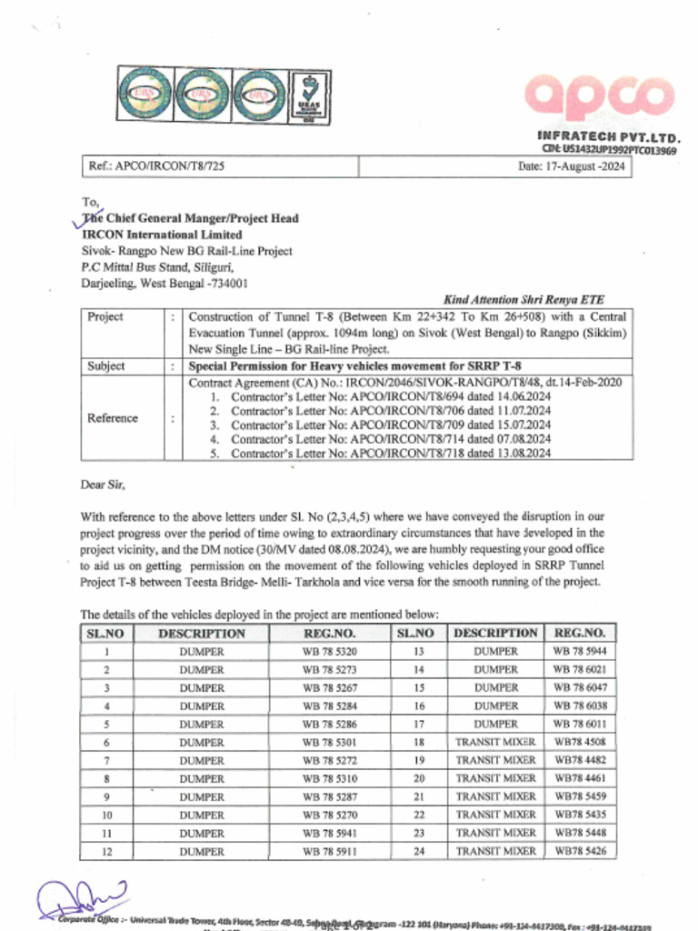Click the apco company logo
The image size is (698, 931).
click(598, 97)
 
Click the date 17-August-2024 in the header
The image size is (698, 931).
click(571, 167)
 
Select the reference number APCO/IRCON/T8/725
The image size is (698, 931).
click(155, 167)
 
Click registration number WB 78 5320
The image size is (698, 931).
click(329, 652)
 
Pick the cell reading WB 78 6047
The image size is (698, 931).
click(580, 687)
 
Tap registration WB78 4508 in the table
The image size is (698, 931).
click(580, 742)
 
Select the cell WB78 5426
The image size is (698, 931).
click(580, 851)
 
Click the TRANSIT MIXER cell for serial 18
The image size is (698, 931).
click(495, 742)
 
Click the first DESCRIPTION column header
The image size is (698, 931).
click(201, 633)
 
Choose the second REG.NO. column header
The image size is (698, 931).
click(580, 633)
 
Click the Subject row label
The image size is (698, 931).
click(106, 366)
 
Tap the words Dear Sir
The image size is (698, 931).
click(103, 485)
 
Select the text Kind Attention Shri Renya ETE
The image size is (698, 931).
click(523, 299)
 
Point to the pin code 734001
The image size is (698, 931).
click(227, 283)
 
